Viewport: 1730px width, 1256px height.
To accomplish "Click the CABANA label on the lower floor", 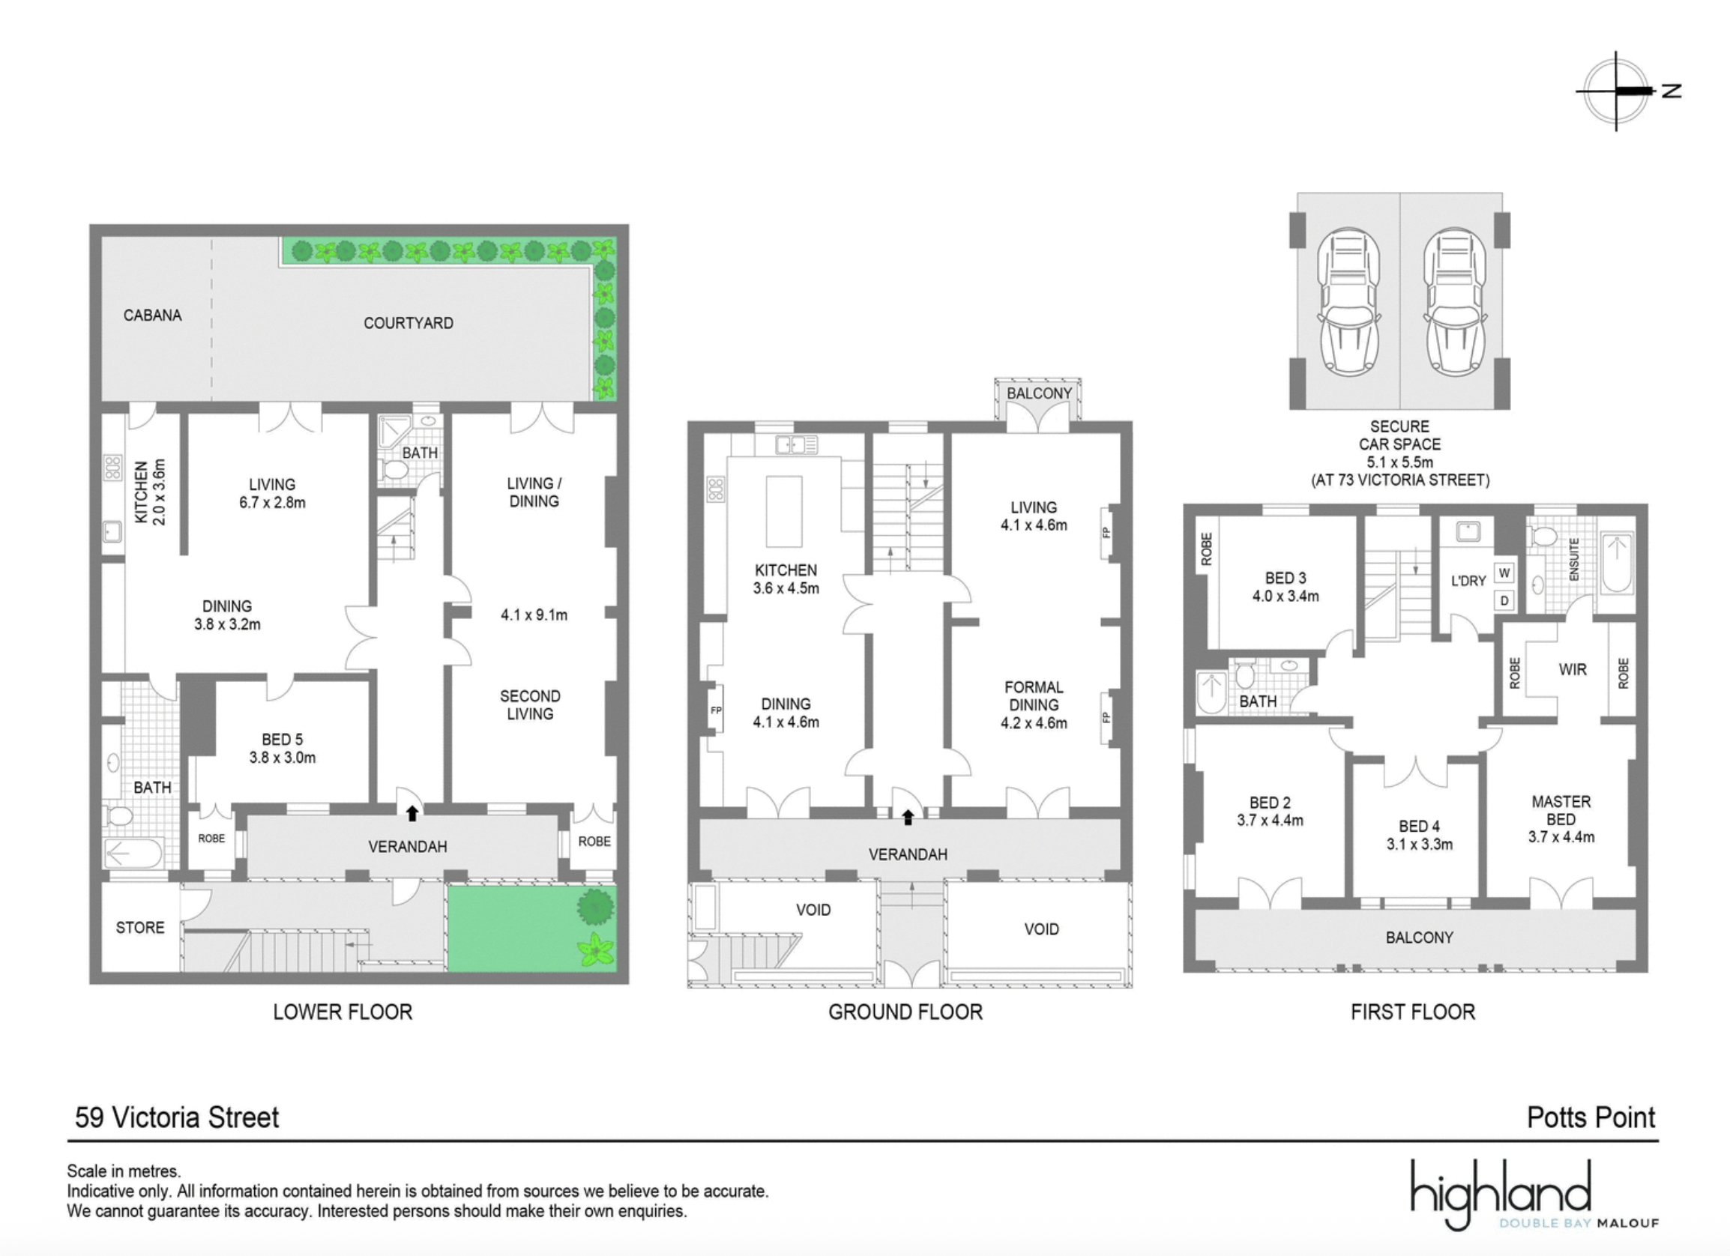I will pos(153,315).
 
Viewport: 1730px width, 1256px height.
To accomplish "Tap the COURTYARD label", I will pos(408,323).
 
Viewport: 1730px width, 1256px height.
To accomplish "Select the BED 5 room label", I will pos(282,748).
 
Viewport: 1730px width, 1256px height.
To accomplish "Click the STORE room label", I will pos(139,927).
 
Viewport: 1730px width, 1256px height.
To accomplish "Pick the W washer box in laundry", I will pos(1504,573).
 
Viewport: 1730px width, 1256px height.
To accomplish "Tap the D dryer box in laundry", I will pos(1504,600).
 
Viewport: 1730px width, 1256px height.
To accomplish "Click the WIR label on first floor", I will pos(1572,669).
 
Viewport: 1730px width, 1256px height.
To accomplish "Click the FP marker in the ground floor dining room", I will pos(716,710).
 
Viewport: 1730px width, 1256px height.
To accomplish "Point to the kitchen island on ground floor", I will pos(783,511).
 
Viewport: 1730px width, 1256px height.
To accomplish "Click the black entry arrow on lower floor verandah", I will pos(412,813).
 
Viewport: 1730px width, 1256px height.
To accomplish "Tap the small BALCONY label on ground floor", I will pos(1039,393).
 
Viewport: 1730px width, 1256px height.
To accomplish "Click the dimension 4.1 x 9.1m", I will pos(534,615).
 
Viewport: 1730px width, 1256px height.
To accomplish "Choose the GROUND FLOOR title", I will pos(905,1012).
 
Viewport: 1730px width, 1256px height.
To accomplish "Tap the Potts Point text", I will pos(1591,1117).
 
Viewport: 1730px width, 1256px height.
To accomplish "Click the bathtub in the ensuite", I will pos(1616,565).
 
